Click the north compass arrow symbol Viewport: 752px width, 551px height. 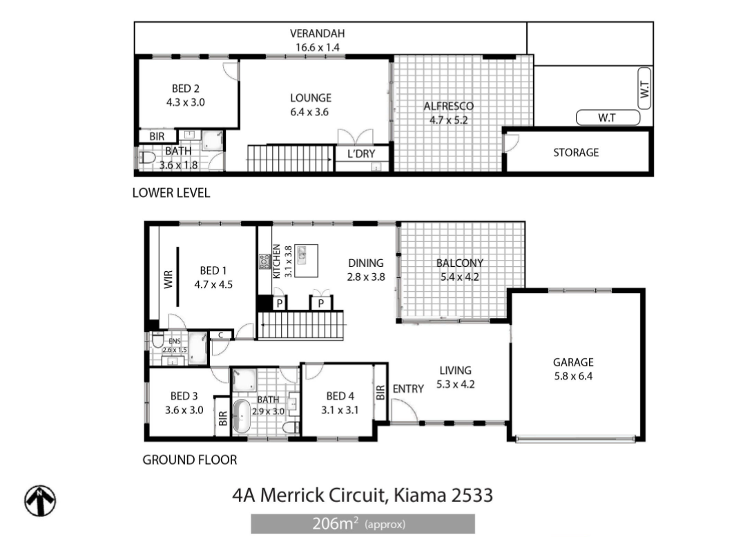[40, 501]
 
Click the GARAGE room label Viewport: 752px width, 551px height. [573, 362]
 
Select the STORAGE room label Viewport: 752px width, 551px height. [576, 153]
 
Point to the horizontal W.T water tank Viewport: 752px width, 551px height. [608, 118]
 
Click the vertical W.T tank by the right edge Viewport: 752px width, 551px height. [644, 88]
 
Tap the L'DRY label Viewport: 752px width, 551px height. [361, 153]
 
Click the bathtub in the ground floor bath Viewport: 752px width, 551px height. [241, 415]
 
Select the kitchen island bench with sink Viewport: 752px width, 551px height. [306, 261]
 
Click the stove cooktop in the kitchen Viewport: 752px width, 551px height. [264, 261]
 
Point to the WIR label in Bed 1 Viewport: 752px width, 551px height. [168, 280]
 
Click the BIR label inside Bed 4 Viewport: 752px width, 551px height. [380, 393]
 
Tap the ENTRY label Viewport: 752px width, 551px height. [408, 389]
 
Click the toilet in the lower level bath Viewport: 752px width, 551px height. [146, 158]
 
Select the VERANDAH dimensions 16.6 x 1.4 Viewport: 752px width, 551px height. [318, 47]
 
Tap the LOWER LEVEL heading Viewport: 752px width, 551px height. [171, 193]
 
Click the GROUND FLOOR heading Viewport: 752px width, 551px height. [190, 460]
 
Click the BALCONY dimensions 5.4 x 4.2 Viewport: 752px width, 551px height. [459, 277]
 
